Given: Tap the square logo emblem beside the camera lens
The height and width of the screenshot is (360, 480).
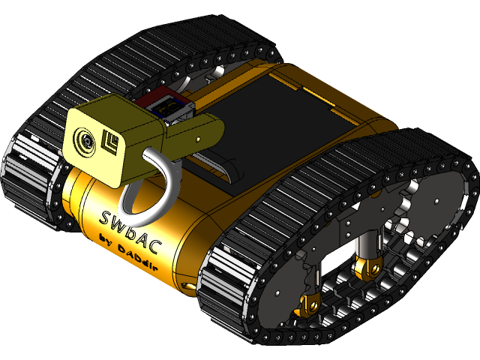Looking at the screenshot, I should click(113, 143).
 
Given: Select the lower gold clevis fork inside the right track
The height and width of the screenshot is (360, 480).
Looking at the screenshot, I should click(307, 304).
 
